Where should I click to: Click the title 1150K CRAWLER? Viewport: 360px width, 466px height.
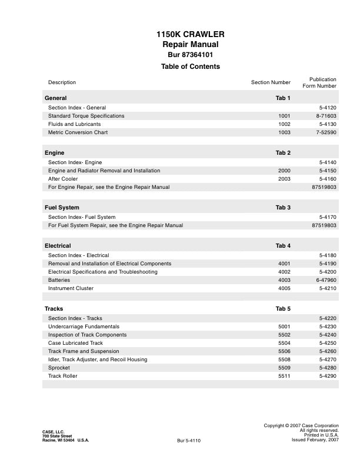click(190, 35)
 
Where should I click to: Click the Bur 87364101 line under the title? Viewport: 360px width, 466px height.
click(190, 55)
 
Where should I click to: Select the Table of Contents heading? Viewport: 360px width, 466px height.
click(190, 66)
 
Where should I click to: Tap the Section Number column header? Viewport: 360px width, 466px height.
click(271, 82)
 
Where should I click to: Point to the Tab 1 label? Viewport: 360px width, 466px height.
click(283, 97)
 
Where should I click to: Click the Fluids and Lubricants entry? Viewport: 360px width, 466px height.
click(74, 124)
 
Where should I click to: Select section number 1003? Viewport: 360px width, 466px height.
click(284, 132)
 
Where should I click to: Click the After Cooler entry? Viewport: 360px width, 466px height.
click(63, 179)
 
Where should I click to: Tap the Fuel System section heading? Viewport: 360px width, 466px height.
click(62, 208)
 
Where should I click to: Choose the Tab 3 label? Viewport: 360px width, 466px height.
click(283, 208)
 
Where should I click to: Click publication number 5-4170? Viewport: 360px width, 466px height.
click(327, 217)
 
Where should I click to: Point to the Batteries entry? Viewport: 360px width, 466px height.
click(59, 280)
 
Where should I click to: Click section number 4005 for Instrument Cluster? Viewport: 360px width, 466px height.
click(284, 288)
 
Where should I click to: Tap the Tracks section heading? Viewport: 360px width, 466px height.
click(54, 308)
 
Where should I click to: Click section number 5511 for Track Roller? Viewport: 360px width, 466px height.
click(284, 376)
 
